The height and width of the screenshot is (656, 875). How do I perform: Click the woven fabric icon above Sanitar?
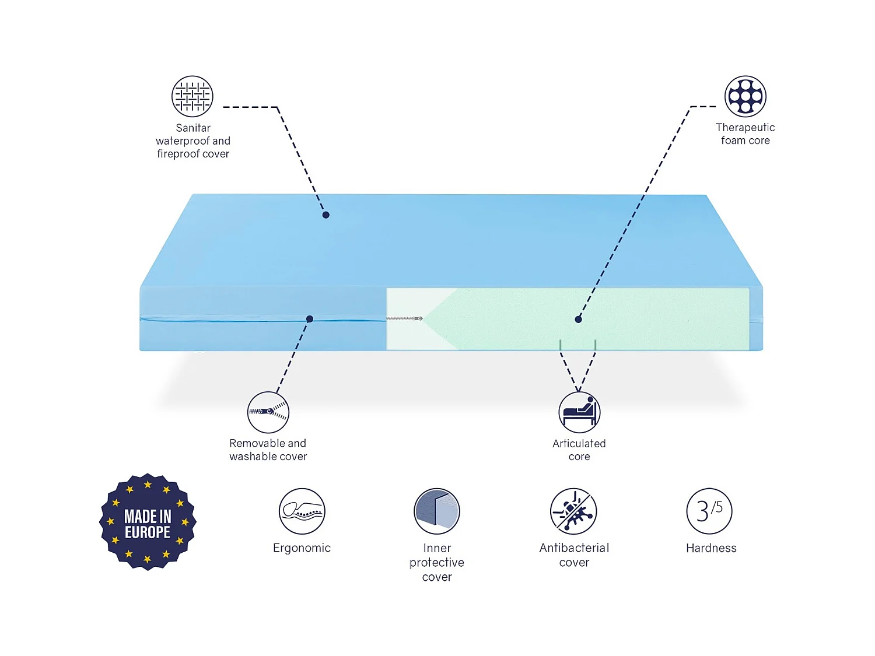click(x=192, y=96)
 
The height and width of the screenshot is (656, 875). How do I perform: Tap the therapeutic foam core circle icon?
click(x=745, y=96)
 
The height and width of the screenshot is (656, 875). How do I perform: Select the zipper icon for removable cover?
click(x=268, y=412)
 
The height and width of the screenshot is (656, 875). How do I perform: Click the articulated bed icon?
click(x=579, y=412)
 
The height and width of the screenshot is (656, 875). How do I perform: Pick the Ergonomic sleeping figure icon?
click(x=302, y=511)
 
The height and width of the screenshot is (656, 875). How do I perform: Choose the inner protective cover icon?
click(x=437, y=511)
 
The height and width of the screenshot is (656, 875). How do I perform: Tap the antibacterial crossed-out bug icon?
click(x=574, y=511)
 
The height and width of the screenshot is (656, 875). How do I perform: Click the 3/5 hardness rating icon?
click(x=709, y=511)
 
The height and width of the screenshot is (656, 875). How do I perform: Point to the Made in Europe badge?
click(x=148, y=522)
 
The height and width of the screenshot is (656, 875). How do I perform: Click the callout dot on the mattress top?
click(x=326, y=215)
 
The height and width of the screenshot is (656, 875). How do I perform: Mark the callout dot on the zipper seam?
click(x=310, y=319)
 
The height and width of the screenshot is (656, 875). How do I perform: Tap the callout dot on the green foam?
click(x=578, y=320)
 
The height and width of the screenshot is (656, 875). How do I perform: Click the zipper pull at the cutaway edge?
click(x=418, y=318)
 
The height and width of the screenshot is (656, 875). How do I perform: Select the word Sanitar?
click(x=193, y=128)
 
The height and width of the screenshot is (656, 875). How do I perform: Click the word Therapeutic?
click(x=745, y=127)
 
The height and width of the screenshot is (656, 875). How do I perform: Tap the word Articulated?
click(x=579, y=443)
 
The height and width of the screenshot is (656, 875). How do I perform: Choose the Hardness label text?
click(x=711, y=548)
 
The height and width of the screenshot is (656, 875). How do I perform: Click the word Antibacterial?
click(x=574, y=548)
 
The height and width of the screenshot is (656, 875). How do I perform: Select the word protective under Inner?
click(x=437, y=563)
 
